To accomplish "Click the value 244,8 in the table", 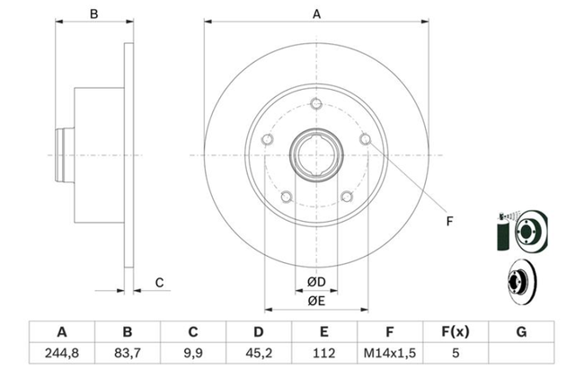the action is [62, 353].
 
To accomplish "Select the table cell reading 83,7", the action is [128, 353].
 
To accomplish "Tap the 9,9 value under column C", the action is [193, 353].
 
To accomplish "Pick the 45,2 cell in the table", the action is [259, 353].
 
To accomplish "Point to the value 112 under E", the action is [323, 353].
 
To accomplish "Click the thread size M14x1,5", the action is [389, 353].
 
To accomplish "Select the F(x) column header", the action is [456, 331].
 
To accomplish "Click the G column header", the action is [521, 331].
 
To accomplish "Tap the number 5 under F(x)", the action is [456, 353].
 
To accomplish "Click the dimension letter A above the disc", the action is [316, 14].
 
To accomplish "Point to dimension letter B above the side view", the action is [94, 14].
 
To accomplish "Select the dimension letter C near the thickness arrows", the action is [159, 283].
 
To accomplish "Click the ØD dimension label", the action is [316, 282].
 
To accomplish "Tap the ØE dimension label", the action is [316, 301].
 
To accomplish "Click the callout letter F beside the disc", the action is [449, 222].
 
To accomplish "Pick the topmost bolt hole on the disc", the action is [316, 104].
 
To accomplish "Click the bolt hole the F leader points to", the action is [366, 139].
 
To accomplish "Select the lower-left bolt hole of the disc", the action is [286, 197].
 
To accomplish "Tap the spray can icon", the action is [503, 232].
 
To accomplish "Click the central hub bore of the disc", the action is [316, 155].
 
